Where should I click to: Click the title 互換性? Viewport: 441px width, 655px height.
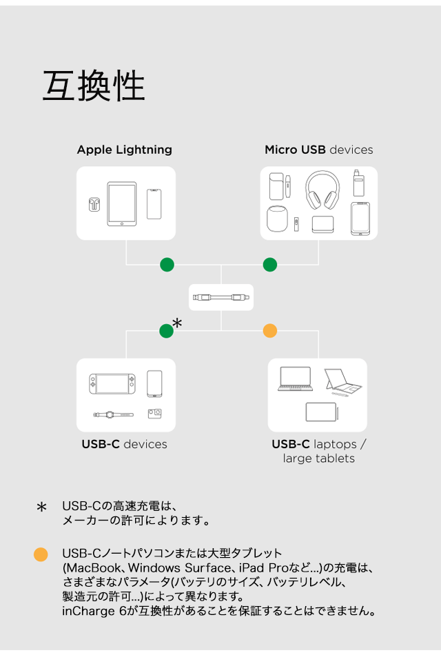click(x=94, y=87)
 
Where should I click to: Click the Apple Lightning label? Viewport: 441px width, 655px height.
click(x=125, y=150)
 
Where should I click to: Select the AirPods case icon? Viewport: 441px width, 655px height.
click(x=94, y=204)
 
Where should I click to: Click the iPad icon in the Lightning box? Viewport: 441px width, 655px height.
click(x=122, y=204)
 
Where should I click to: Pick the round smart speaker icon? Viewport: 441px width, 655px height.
click(x=276, y=219)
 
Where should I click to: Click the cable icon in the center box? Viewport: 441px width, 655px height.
click(x=221, y=297)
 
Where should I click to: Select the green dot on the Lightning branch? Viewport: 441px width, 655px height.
click(x=167, y=264)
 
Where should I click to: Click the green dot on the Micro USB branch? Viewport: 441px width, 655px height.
click(x=270, y=264)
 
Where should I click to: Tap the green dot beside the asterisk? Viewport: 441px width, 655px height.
click(x=166, y=331)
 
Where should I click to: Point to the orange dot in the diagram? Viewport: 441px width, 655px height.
click(x=270, y=331)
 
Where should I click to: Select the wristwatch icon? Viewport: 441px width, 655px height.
click(x=112, y=414)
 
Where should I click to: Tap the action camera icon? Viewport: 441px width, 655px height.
click(x=154, y=414)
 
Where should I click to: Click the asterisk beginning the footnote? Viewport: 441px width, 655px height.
click(x=41, y=508)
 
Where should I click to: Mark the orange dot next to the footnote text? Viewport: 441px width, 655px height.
click(x=41, y=554)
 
